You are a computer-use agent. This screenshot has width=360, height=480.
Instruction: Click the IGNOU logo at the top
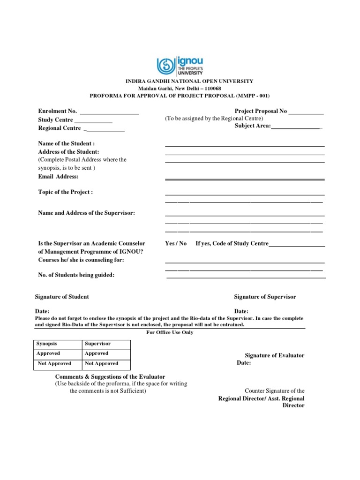tap(180, 66)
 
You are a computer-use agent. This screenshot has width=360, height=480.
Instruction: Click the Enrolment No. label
tap(57, 112)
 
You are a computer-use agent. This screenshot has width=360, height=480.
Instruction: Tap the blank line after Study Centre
tap(93, 120)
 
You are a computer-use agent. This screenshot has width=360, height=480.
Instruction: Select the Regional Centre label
tap(60, 128)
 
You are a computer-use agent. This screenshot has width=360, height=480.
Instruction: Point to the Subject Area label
tap(253, 126)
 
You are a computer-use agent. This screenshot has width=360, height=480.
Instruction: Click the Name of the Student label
tap(66, 143)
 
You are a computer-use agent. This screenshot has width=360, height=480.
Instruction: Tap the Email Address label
tap(58, 177)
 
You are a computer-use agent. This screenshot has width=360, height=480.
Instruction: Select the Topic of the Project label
tap(65, 192)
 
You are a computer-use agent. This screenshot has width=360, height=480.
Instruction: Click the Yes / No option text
tap(176, 243)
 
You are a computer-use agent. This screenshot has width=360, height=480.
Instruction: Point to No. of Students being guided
tap(76, 275)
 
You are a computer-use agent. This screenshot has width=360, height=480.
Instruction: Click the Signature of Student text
tap(62, 297)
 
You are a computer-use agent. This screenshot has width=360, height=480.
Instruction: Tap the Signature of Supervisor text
tap(265, 297)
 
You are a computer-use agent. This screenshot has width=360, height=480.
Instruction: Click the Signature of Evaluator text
tap(275, 355)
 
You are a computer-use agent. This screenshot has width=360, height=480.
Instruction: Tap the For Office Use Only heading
tap(169, 332)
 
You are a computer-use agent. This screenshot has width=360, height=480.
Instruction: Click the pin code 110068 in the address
tap(210, 89)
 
